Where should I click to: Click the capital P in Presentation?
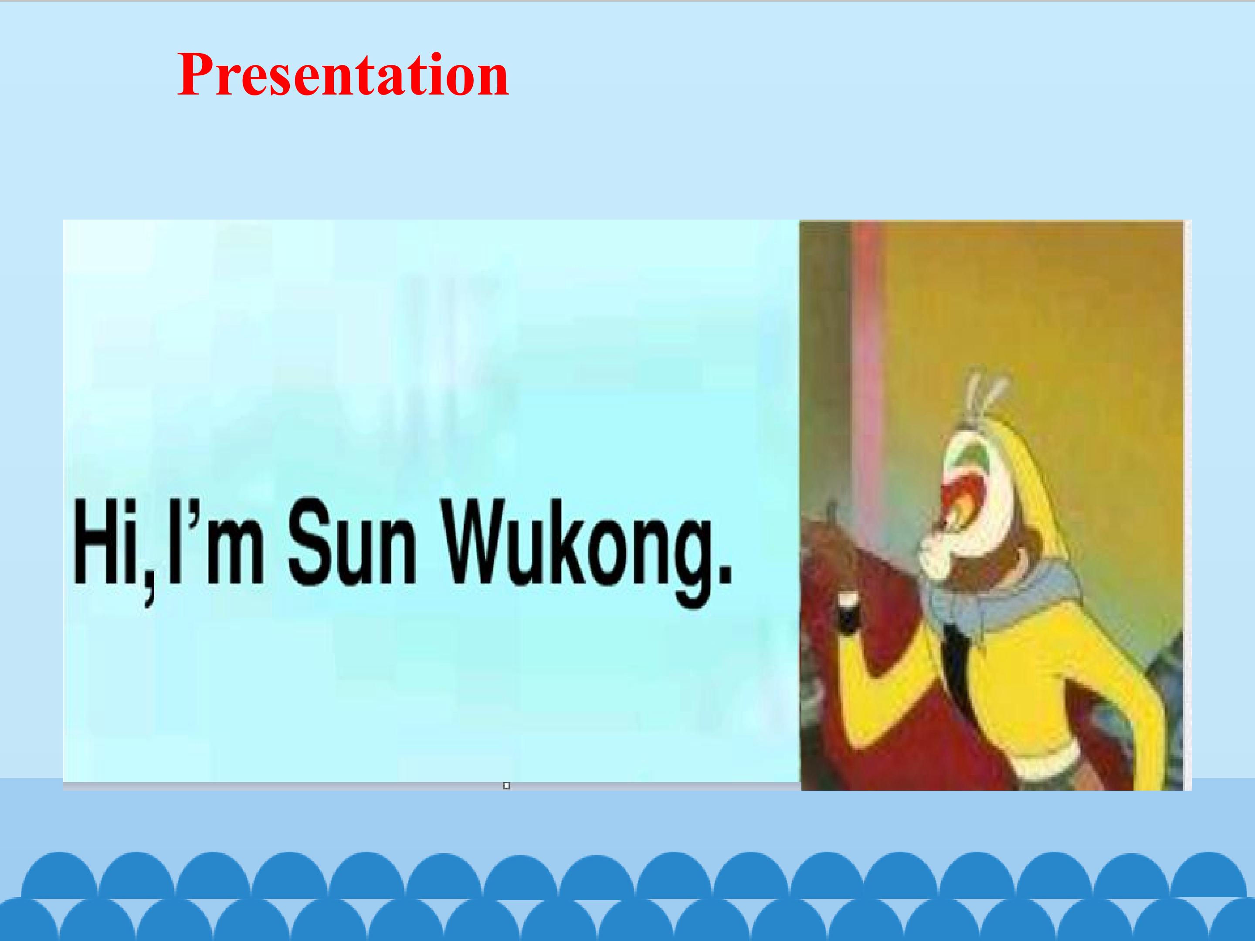point(195,75)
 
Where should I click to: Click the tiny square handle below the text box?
point(507,785)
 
